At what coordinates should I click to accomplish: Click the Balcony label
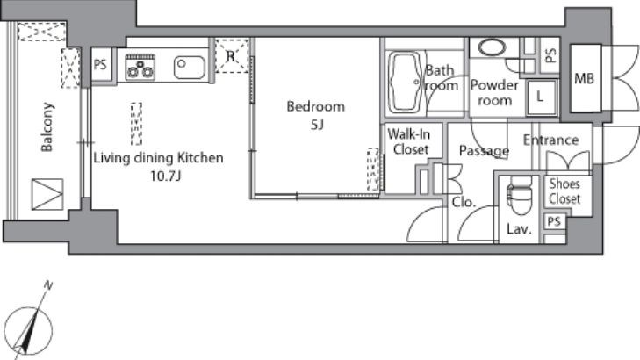coord(47,127)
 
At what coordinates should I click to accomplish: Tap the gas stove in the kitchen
coord(140,67)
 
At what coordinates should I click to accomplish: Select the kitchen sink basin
coord(190,67)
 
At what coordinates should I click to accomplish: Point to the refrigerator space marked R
coord(232,55)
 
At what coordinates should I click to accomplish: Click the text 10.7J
coord(166,176)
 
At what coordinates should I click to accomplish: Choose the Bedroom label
coord(316,106)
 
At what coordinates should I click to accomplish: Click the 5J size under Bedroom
coord(317,125)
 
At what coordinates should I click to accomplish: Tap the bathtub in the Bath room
coord(406,82)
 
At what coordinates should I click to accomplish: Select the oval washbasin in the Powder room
coord(493,47)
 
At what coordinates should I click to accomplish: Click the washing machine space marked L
coord(541,97)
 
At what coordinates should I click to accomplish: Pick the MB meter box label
coord(584,78)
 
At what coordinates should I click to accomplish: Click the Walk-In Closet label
coord(409,141)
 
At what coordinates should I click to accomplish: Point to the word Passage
coord(484,151)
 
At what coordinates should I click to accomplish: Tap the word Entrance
coord(551,140)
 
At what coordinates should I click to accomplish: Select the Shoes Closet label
coord(564,191)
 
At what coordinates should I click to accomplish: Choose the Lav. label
coord(519,229)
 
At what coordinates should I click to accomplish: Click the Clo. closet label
coord(464,202)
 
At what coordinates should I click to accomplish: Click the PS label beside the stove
coord(100,64)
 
